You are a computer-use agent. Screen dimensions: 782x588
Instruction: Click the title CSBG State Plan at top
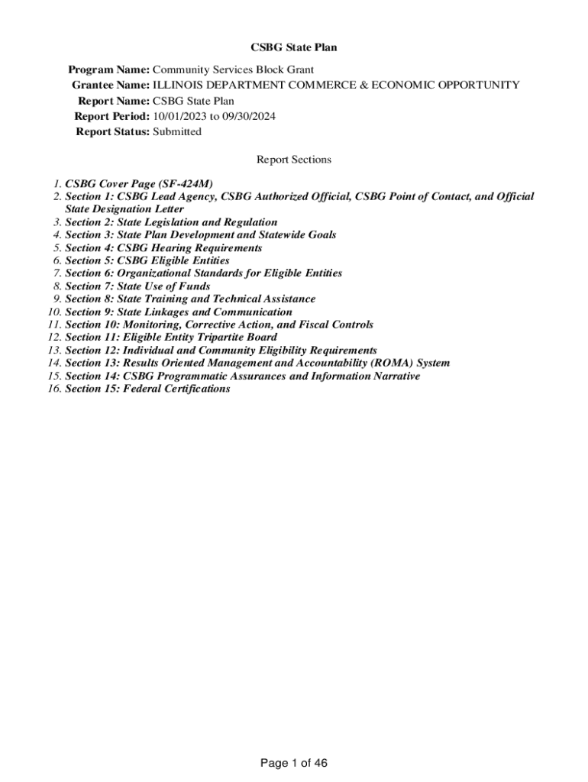(294, 47)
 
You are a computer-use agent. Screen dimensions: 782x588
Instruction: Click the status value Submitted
(177, 131)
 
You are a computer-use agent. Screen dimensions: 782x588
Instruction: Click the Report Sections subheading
(294, 160)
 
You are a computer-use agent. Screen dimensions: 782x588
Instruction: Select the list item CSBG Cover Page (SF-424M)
(139, 184)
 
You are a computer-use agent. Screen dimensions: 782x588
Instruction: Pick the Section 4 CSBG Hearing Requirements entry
(163, 247)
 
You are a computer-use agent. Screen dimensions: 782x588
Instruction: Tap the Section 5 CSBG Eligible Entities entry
(147, 260)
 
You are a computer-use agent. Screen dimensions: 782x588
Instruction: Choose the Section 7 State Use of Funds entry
(137, 286)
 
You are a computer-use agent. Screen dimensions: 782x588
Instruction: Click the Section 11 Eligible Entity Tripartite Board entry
(171, 337)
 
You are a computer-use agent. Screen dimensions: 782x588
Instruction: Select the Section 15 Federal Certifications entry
(147, 389)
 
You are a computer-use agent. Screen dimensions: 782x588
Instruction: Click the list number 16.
(53, 389)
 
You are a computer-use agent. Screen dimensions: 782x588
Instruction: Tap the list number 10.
(53, 312)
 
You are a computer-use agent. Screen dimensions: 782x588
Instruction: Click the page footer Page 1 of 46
(294, 763)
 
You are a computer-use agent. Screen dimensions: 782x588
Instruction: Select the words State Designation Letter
(124, 208)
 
